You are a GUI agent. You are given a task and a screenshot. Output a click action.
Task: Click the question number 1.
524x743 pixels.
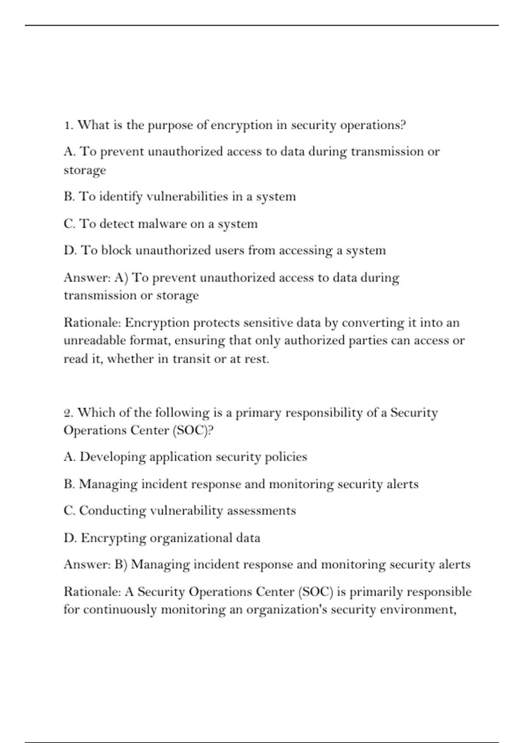(x=68, y=125)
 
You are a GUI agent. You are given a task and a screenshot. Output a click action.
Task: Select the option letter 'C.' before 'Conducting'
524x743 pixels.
(x=69, y=510)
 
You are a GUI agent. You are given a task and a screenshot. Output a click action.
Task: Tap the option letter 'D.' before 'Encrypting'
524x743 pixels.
(x=70, y=538)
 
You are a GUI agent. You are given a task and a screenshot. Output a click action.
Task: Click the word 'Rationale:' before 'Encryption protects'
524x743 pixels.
(x=92, y=323)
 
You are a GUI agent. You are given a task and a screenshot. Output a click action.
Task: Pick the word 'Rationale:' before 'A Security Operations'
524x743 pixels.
(x=92, y=591)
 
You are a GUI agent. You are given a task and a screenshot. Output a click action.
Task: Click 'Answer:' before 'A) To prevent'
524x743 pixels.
(x=87, y=278)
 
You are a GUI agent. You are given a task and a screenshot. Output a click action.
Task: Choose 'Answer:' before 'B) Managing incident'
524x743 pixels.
(x=87, y=564)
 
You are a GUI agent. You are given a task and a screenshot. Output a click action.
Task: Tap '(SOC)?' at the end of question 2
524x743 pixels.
(x=193, y=431)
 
